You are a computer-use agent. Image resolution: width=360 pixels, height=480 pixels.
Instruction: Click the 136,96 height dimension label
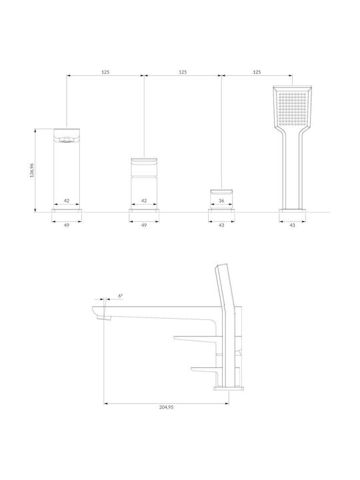[x=32, y=171]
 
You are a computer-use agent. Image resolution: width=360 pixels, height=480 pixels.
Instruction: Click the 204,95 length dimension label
[x=166, y=407]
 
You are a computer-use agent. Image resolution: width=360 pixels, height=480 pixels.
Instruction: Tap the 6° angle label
[x=121, y=296]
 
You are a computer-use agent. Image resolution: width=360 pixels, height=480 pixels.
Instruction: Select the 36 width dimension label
[x=221, y=201]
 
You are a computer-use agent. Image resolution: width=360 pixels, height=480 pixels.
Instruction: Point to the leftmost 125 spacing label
[x=105, y=72]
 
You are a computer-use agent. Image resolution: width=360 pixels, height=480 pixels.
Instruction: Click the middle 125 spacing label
[x=183, y=72]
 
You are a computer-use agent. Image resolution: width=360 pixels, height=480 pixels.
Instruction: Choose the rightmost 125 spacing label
[x=257, y=72]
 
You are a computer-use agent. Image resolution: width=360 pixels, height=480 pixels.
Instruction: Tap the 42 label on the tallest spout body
[x=67, y=201]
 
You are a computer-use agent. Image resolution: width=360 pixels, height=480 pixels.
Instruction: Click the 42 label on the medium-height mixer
[x=144, y=201]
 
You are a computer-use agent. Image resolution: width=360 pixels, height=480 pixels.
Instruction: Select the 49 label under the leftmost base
[x=67, y=225]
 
